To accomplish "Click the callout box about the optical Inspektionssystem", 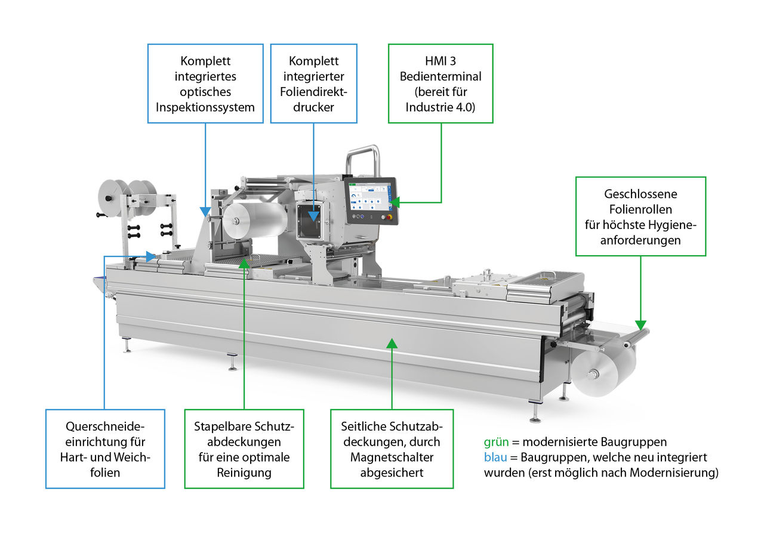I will (x=205, y=84).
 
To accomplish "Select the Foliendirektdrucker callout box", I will (x=314, y=84).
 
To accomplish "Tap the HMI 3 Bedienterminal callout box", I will (x=440, y=84).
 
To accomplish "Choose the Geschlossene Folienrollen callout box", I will (x=640, y=216).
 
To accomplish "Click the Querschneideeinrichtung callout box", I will (x=105, y=449).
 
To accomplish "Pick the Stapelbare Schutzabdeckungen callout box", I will (x=244, y=449).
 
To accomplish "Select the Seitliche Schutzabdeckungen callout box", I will (x=392, y=449).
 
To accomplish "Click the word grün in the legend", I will (x=496, y=443).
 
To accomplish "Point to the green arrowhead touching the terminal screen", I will (x=395, y=203).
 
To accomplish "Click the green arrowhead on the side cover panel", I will (x=392, y=343).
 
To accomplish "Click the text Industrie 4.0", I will (x=440, y=107).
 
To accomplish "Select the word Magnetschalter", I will (x=392, y=457).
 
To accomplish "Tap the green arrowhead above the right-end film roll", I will (x=641, y=326).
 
